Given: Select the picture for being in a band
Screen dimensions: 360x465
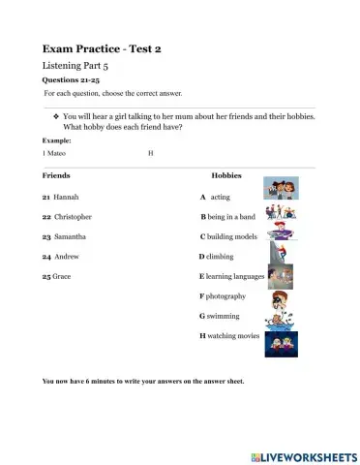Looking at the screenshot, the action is [276, 212].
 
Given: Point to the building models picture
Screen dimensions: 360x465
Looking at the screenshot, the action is [277, 234].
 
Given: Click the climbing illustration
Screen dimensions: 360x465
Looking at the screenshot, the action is [277, 256].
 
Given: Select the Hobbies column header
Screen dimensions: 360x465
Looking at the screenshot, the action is [225, 175].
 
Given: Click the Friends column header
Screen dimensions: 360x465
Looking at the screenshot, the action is [56, 175].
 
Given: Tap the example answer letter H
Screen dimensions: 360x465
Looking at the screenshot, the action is [151, 152].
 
